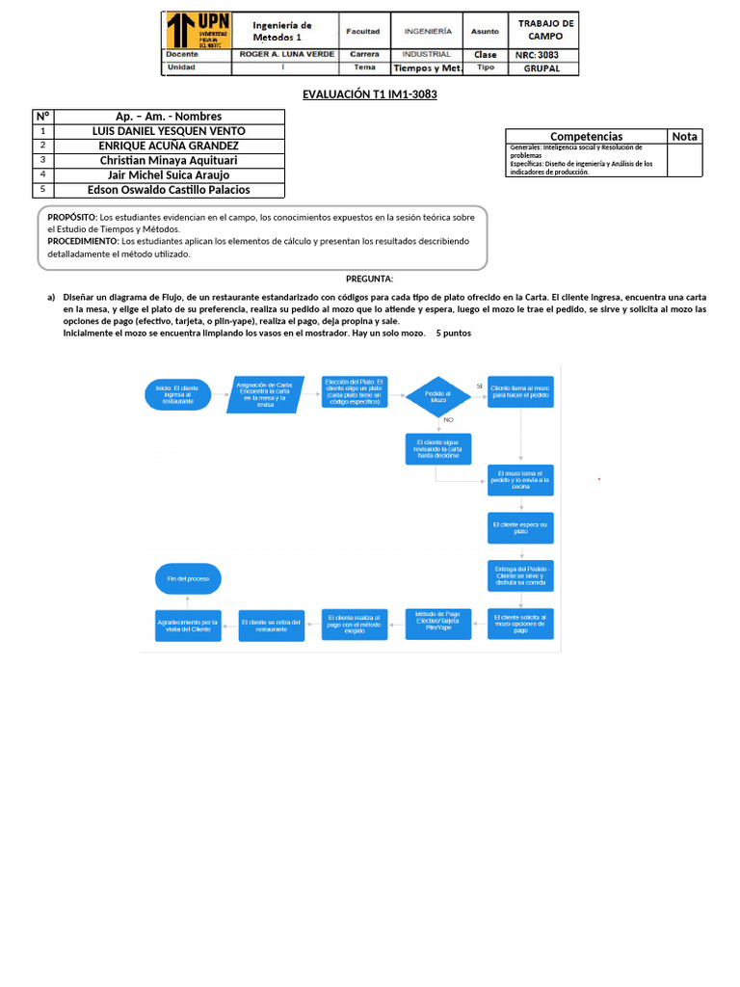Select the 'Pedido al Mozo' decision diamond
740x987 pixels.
pos(438,397)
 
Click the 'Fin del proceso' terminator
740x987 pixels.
pos(188,578)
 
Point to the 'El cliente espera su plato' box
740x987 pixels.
pos(520,527)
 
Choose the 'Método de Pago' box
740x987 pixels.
pos(438,622)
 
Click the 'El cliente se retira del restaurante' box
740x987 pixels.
pos(272,626)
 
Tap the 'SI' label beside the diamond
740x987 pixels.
pos(479,386)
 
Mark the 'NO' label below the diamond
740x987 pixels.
pos(448,420)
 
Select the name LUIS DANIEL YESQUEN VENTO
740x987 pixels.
pos(169,131)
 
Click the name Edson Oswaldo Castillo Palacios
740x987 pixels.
pos(169,190)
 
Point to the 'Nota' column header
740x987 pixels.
pos(684,136)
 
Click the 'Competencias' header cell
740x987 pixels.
pos(586,137)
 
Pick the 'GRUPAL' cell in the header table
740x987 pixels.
pos(547,68)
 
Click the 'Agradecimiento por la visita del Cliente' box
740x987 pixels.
pos(189,626)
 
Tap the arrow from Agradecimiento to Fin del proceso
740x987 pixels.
pos(188,600)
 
